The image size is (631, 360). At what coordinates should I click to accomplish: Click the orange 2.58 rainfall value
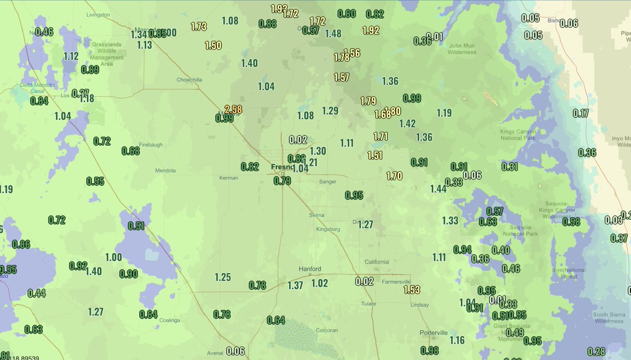pyautogui.click(x=233, y=109)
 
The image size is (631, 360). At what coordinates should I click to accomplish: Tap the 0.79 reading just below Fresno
pyautogui.click(x=282, y=181)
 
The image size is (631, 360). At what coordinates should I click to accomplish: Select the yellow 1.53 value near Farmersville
pyautogui.click(x=412, y=290)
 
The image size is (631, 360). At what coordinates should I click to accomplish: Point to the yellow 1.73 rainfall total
pyautogui.click(x=199, y=26)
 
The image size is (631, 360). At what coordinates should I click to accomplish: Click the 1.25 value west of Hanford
pyautogui.click(x=222, y=277)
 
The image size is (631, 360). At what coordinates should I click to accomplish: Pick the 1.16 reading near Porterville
pyautogui.click(x=457, y=340)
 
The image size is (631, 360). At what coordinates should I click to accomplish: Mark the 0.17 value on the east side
pyautogui.click(x=581, y=113)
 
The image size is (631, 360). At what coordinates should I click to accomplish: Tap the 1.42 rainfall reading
pyautogui.click(x=408, y=124)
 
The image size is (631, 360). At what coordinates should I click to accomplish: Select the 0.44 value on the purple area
pyautogui.click(x=37, y=293)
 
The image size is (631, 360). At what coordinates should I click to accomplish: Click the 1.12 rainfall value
pyautogui.click(x=71, y=56)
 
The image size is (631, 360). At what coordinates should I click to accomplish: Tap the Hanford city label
pyautogui.click(x=310, y=269)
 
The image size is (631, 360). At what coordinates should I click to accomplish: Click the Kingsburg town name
pyautogui.click(x=329, y=229)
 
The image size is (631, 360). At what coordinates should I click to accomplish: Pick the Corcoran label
pyautogui.click(x=327, y=330)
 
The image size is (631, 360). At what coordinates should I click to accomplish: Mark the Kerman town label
pyautogui.click(x=229, y=178)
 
